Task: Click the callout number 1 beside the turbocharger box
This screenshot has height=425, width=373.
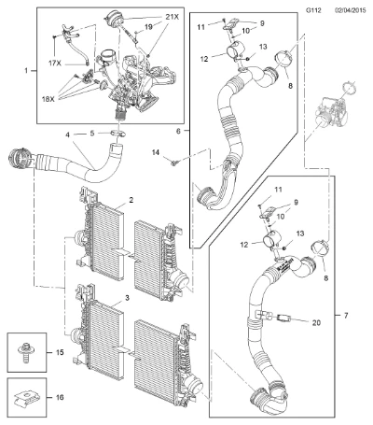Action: (x=26, y=71)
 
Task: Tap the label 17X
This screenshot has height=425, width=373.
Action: (x=55, y=64)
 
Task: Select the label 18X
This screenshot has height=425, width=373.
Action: (x=48, y=99)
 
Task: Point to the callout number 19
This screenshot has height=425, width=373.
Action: (x=148, y=27)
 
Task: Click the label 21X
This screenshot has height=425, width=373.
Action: (x=173, y=17)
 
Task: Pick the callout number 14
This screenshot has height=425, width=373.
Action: (x=156, y=152)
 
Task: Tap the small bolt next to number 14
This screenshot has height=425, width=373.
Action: (x=174, y=162)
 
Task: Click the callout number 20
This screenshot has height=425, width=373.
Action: (x=316, y=323)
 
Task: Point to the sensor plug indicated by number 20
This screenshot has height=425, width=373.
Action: (x=283, y=318)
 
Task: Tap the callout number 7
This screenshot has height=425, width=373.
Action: (x=346, y=316)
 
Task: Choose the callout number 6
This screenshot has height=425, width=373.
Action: (x=178, y=131)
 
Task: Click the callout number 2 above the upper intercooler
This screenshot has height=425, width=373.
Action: (x=131, y=200)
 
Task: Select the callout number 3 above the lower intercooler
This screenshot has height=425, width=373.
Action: (x=127, y=298)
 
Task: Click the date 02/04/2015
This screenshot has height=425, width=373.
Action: (x=351, y=10)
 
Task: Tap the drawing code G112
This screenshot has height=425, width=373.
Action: (x=313, y=10)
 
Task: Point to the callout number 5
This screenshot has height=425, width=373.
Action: (x=92, y=134)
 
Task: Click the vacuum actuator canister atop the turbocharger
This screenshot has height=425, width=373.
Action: (x=114, y=18)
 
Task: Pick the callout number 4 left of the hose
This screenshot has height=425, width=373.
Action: (x=67, y=135)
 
